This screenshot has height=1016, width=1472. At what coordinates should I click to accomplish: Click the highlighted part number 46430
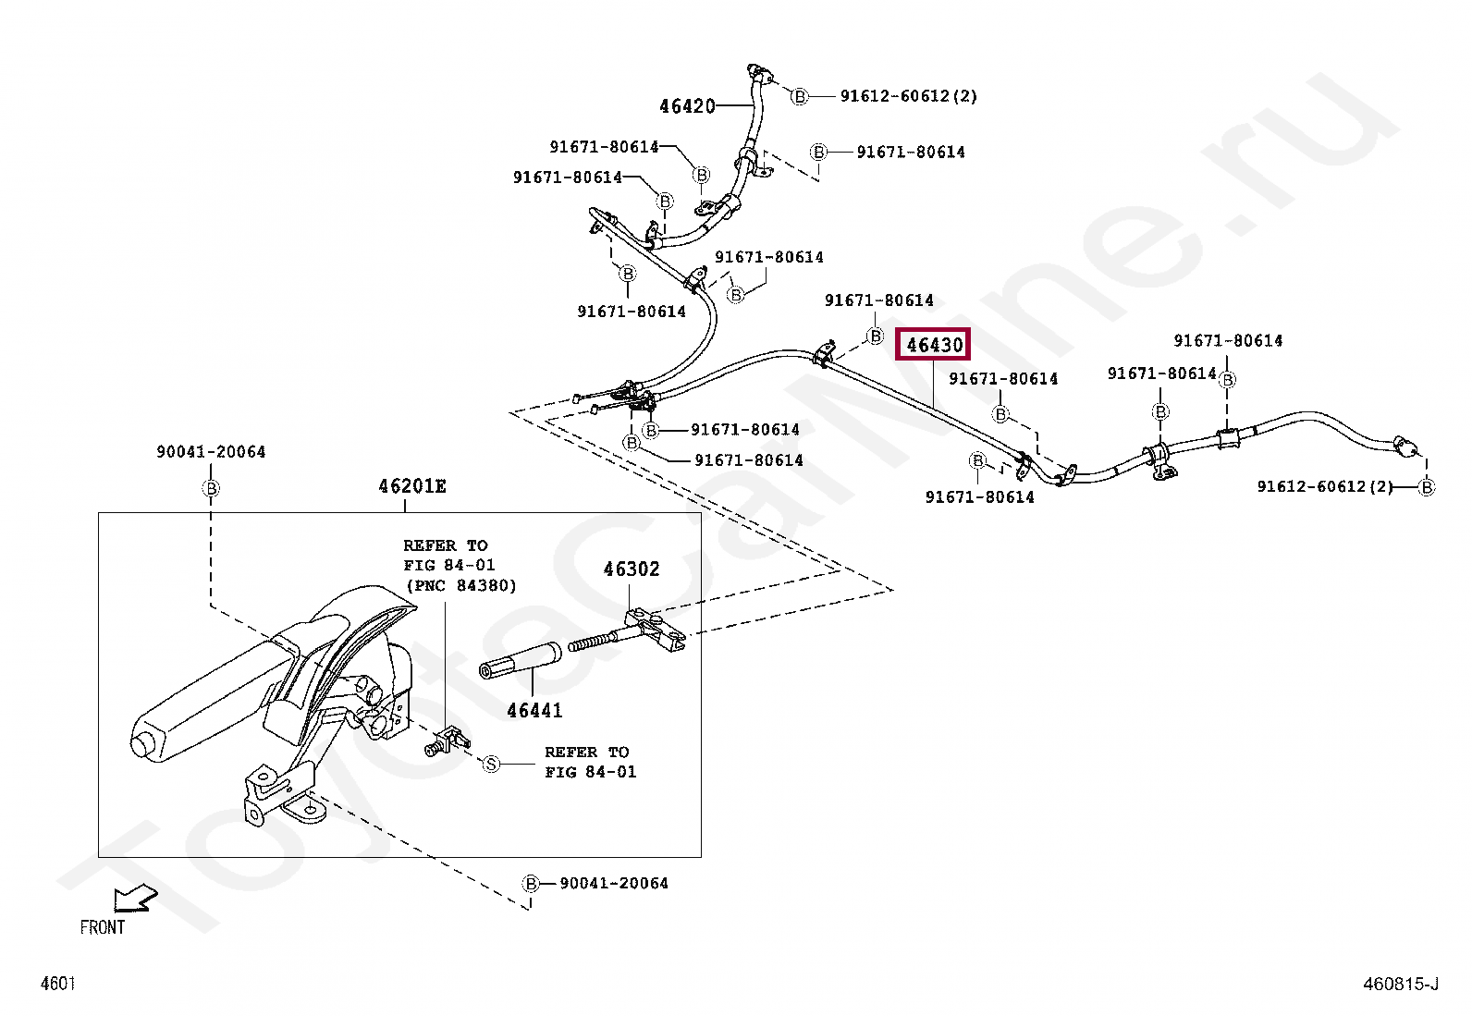[x=935, y=345]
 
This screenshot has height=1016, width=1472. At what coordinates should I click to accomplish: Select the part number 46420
[x=687, y=106]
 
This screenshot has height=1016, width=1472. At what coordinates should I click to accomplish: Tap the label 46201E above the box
[x=411, y=486]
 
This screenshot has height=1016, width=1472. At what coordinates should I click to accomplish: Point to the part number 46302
[x=632, y=569]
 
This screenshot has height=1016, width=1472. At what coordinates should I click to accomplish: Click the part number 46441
[x=534, y=710]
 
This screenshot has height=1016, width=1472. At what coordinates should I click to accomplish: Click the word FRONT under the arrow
[x=102, y=927]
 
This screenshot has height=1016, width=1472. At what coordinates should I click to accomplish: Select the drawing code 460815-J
[x=1400, y=984]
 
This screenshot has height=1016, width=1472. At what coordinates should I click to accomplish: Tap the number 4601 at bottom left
[x=57, y=984]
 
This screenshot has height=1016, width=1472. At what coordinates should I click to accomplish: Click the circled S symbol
[x=492, y=764]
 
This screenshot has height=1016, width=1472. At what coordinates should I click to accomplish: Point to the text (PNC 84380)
[x=460, y=586]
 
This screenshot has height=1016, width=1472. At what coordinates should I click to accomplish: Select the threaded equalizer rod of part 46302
[x=599, y=640]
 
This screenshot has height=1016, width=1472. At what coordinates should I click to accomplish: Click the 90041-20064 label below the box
[x=613, y=884]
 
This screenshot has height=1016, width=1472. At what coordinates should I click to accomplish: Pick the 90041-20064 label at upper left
[x=211, y=452]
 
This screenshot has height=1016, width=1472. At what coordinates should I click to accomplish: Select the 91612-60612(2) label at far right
[x=1324, y=486]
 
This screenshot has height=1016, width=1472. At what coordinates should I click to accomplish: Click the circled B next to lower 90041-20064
[x=531, y=884]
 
